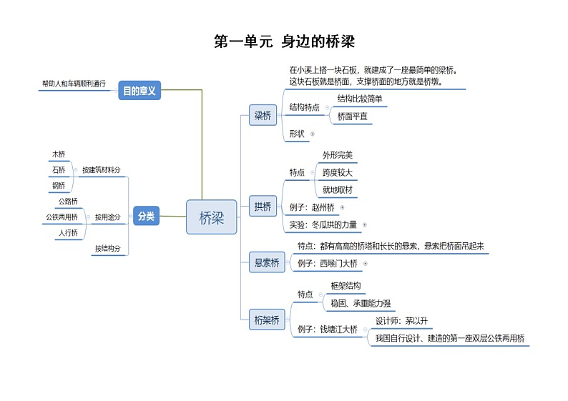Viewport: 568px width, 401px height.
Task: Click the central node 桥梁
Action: tap(211, 217)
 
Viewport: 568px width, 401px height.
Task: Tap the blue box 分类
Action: tap(146, 215)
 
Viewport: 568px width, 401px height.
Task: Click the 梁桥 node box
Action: tap(263, 115)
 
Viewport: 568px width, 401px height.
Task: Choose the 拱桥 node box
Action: tap(263, 207)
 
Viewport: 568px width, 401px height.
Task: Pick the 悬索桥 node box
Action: tap(267, 262)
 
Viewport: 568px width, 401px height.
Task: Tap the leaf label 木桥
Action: tap(58, 154)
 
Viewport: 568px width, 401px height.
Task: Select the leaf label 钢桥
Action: tap(58, 186)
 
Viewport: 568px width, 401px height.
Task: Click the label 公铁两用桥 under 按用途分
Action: tap(62, 217)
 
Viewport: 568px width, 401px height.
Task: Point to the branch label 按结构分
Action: tap(107, 249)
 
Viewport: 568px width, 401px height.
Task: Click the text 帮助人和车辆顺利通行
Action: tap(74, 84)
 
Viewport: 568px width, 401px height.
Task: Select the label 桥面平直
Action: tap(352, 117)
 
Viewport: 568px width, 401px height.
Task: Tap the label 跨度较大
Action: tap(337, 172)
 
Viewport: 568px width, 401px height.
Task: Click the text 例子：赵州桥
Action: tap(313, 207)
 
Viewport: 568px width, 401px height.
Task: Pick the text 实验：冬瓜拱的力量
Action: tap(323, 224)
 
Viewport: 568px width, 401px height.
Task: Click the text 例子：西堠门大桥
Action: tap(328, 263)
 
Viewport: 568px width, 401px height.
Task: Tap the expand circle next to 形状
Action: tap(313, 134)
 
